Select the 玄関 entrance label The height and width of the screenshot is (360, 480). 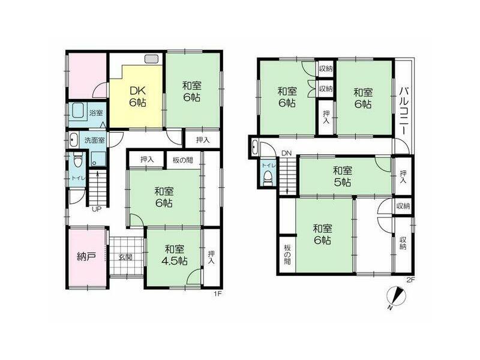tap(125, 257)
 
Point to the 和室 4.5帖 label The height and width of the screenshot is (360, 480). tap(175, 255)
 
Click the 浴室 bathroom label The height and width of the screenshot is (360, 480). tap(96, 113)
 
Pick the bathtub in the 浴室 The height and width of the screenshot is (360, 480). tap(79, 112)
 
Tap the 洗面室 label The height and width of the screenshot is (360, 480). tap(95, 140)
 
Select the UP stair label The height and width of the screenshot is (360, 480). tap(95, 209)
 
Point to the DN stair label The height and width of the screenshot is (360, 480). tap(286, 154)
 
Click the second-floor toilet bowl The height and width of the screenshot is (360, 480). tap(268, 176)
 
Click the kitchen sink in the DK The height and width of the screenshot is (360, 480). tap(151, 59)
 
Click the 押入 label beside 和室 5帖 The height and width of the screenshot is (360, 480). tap(403, 176)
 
